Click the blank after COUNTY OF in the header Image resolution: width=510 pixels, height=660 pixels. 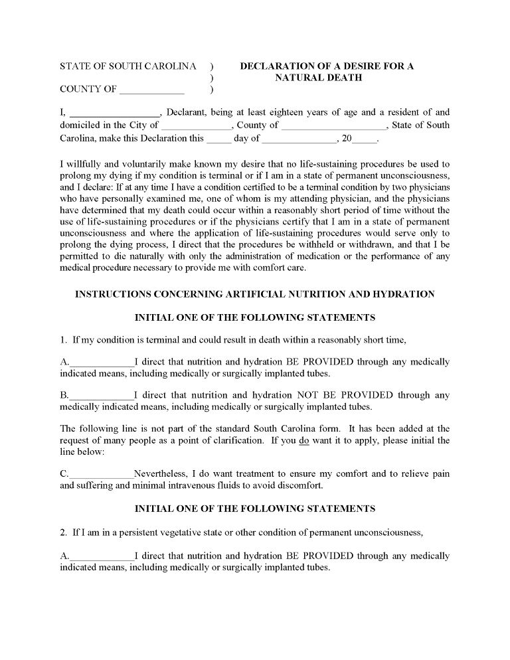coord(152,90)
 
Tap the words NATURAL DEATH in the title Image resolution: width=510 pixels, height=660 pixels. coord(318,78)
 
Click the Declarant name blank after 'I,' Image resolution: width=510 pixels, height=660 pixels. coord(114,113)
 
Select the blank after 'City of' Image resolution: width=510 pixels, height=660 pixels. coord(195,125)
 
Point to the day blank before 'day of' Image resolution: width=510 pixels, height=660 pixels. coord(218,139)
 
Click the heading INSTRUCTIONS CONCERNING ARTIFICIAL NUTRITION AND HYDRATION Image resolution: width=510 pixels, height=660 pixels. coord(255,294)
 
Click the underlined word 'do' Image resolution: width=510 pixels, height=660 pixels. coord(304,440)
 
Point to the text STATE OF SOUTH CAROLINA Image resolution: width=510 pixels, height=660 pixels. coord(128,66)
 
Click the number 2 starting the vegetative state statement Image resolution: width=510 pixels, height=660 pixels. coord(62,532)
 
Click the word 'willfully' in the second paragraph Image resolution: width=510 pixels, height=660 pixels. coord(88,164)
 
